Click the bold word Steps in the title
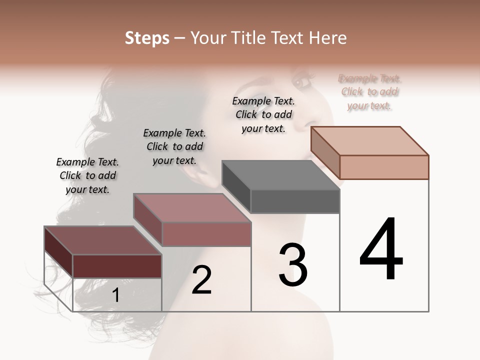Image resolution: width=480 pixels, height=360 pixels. (x=147, y=38)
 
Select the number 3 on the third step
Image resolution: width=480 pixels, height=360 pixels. (x=293, y=265)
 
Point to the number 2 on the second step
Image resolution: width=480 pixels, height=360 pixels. (x=201, y=280)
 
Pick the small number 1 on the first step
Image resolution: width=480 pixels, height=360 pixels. (x=115, y=295)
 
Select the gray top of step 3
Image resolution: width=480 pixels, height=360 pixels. (x=280, y=175)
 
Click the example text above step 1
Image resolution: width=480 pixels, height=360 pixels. (x=87, y=175)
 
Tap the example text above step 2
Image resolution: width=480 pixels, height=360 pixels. (x=174, y=146)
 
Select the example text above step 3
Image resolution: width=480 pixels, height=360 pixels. (x=263, y=114)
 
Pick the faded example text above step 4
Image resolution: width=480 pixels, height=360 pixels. (x=369, y=92)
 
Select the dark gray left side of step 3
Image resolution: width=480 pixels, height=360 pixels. (x=236, y=187)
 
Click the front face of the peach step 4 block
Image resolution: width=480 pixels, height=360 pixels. (x=384, y=167)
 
